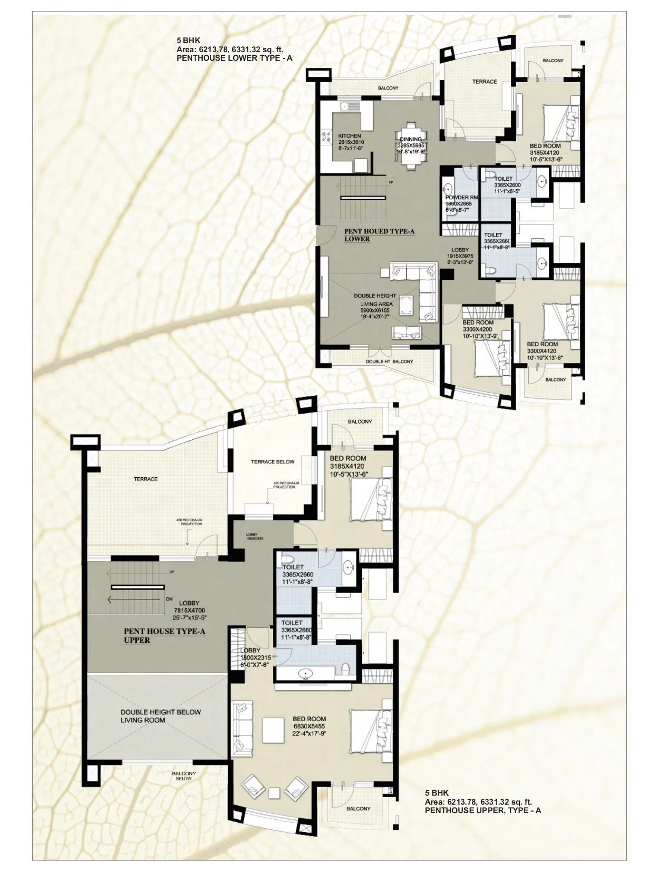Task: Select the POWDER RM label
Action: point(461,203)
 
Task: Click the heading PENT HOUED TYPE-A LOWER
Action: point(379,235)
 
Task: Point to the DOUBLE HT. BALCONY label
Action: point(389,362)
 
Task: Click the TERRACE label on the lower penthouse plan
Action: point(484,82)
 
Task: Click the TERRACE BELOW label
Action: point(273,462)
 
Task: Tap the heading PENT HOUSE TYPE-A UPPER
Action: point(164,636)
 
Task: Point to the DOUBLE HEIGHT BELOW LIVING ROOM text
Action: point(160,716)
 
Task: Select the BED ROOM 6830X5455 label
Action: point(309,726)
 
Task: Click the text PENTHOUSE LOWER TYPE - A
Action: point(234,58)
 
